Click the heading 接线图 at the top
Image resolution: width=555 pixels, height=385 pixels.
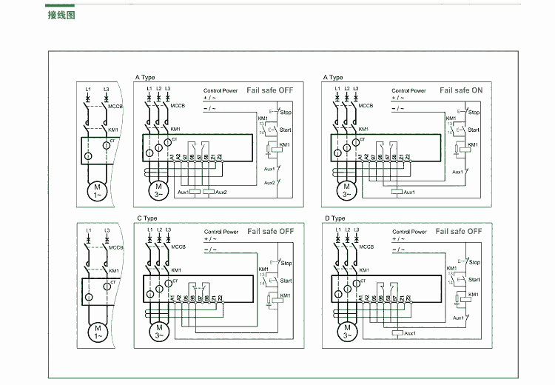point(61,16)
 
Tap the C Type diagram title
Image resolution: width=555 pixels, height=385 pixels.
point(147,218)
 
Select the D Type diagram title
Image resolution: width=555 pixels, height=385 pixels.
point(334,218)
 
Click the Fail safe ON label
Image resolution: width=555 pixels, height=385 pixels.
point(460,90)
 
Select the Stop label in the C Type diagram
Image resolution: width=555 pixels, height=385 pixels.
point(286,264)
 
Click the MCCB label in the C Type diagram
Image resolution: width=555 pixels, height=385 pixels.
point(178,247)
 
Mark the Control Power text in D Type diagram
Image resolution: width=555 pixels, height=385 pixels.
point(408,232)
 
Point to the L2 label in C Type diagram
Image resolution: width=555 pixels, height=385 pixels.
point(158,230)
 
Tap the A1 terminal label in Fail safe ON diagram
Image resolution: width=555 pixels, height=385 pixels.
point(360,157)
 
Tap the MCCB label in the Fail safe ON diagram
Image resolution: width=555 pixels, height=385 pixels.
point(366,106)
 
